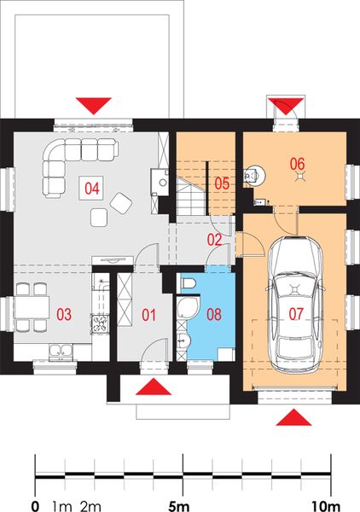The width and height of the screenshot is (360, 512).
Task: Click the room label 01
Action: coord(149,315)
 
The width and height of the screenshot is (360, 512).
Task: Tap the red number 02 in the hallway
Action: coord(215,240)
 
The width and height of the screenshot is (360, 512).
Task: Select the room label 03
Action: coord(64,315)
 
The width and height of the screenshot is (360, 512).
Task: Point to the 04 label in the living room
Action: coord(90,185)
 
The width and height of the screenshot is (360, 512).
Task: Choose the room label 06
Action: coord(297,162)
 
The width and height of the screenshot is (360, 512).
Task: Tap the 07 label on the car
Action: coord(295,314)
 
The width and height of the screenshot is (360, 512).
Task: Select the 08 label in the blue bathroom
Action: coord(213,314)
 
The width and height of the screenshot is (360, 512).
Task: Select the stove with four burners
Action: coord(100,323)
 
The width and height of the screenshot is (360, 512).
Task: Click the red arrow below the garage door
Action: coord(294,417)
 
